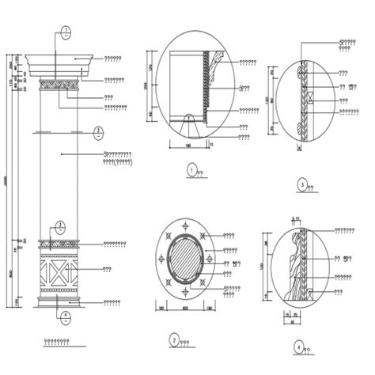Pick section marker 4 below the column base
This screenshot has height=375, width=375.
pyautogui.click(x=65, y=315)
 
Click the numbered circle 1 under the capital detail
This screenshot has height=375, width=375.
pyautogui.click(x=191, y=168)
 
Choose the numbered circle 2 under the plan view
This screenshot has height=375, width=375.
pyautogui.click(x=173, y=340)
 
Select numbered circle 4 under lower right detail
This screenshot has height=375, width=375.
pyautogui.click(x=297, y=347)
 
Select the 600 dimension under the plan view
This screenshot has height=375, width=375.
pyautogui.click(x=184, y=309)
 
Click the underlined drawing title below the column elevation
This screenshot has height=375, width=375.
pyautogui.click(x=56, y=342)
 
